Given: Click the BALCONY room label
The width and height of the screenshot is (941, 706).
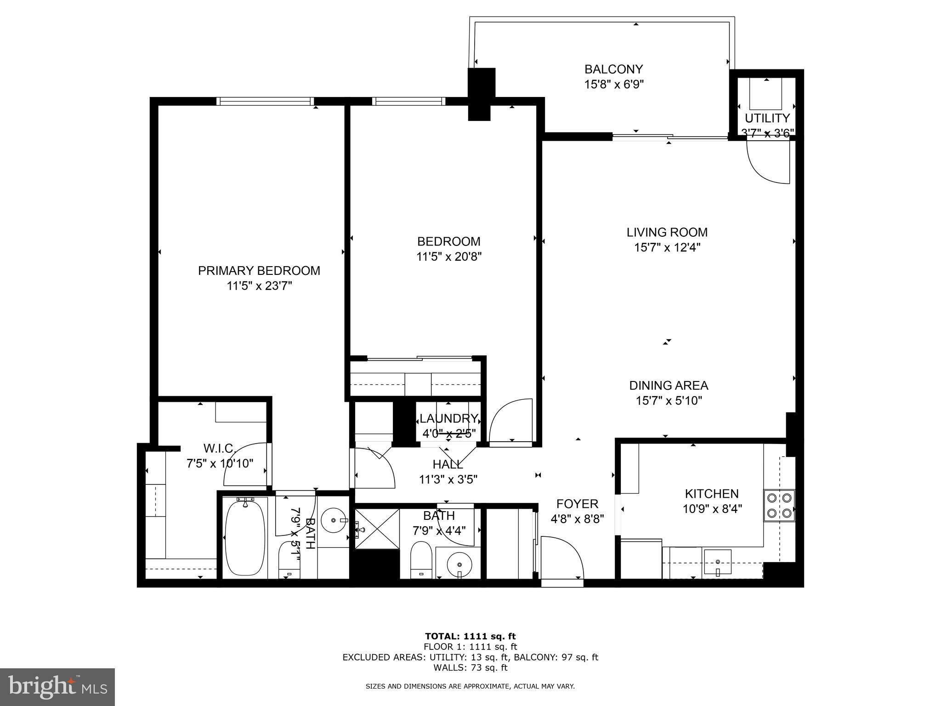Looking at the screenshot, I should (x=613, y=69).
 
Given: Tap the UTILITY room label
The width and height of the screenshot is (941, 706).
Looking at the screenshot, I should (x=767, y=118).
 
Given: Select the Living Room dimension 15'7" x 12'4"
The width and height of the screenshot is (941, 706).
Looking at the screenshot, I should (x=667, y=248).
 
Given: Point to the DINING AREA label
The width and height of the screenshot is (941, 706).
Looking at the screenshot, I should (x=669, y=385).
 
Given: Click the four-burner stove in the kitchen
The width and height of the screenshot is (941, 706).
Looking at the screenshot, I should (x=779, y=505).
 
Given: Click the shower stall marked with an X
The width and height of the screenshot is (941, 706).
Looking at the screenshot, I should (x=377, y=529).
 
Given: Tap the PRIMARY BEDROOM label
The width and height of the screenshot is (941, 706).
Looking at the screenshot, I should (x=259, y=271).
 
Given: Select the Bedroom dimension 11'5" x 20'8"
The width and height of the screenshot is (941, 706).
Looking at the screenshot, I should (x=448, y=256).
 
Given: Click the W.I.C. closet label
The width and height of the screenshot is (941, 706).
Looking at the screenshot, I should (x=219, y=448).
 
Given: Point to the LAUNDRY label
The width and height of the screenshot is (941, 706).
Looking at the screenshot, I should (x=448, y=419).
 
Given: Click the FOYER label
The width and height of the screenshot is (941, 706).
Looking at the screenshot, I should (x=577, y=504).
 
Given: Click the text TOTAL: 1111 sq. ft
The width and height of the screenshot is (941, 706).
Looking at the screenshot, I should (x=470, y=636).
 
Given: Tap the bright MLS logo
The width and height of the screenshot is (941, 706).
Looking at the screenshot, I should (x=57, y=687).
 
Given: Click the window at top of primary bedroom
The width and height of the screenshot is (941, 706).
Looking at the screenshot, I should (x=265, y=101).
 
